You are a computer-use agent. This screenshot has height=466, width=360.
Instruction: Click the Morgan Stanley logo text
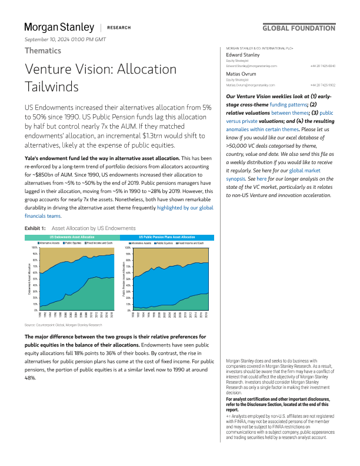click(x=59, y=27)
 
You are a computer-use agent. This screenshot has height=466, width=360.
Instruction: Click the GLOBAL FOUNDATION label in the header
click(x=298, y=28)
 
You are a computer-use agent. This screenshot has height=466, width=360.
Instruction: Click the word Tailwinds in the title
click(x=51, y=86)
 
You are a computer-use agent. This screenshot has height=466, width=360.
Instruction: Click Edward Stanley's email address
click(x=251, y=65)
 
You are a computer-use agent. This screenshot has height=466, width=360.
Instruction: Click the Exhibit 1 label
click(x=35, y=228)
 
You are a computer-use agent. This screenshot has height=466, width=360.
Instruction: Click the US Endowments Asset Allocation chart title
click(x=72, y=237)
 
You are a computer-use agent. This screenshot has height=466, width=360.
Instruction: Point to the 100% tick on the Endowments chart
click(x=34, y=248)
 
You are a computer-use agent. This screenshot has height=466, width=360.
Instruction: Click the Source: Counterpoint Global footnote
click(x=63, y=325)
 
